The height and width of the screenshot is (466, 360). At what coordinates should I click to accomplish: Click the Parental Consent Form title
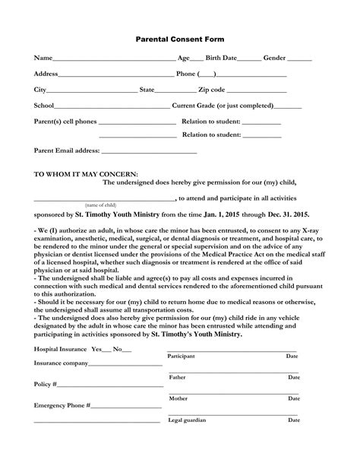(x=180, y=38)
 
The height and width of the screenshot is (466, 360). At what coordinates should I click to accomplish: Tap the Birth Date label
(x=220, y=58)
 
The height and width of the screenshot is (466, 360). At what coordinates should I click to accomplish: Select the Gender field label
(x=274, y=58)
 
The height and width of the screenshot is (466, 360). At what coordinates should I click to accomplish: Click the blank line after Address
(x=116, y=76)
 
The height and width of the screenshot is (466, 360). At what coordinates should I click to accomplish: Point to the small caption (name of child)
(x=100, y=205)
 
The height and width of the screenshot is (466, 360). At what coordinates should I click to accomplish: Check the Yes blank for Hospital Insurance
(x=107, y=350)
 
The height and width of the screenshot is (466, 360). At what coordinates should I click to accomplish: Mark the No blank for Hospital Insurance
(x=127, y=350)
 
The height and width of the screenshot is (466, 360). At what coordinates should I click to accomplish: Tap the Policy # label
(x=45, y=384)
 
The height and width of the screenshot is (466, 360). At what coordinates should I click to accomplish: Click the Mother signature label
(x=178, y=398)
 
